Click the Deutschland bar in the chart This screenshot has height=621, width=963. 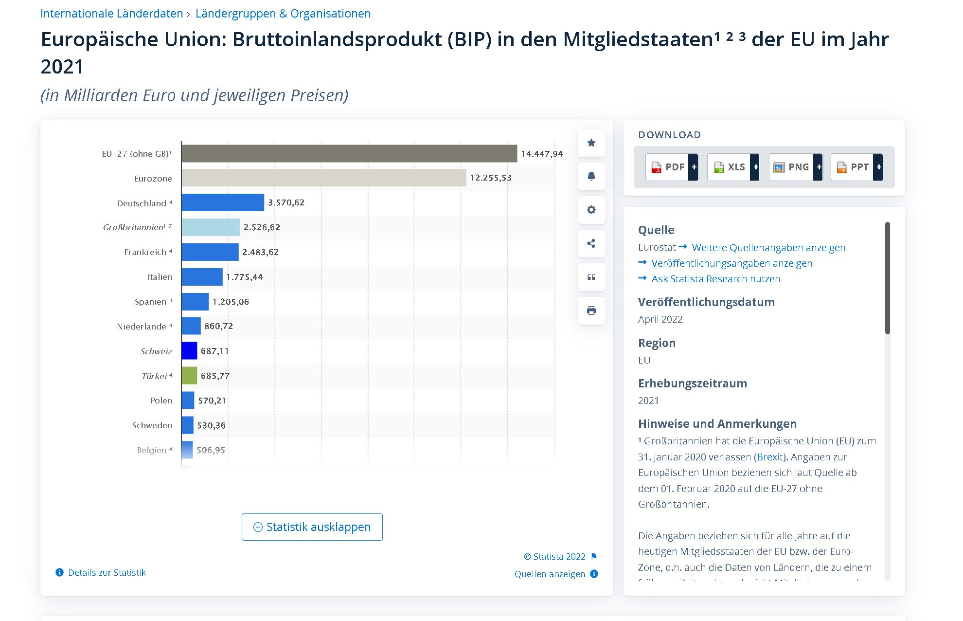point(223,202)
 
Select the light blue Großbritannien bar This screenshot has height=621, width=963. point(211,227)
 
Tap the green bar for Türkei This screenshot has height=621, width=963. point(189,376)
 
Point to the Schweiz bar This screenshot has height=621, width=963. point(189,351)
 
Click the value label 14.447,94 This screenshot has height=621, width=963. point(541,154)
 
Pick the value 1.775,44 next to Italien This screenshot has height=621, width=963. point(244,277)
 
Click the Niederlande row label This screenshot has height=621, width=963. point(142,327)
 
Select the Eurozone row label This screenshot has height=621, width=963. point(153,179)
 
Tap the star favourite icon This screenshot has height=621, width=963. point(591,143)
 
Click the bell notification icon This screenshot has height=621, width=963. point(591,176)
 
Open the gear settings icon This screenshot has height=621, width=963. point(591,210)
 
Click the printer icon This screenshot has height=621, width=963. point(591,310)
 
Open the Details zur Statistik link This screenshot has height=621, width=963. point(107,572)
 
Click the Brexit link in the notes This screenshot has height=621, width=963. point(770,457)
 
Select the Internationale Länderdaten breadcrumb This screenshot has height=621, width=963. point(111,14)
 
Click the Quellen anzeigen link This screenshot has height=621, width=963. point(550,574)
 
